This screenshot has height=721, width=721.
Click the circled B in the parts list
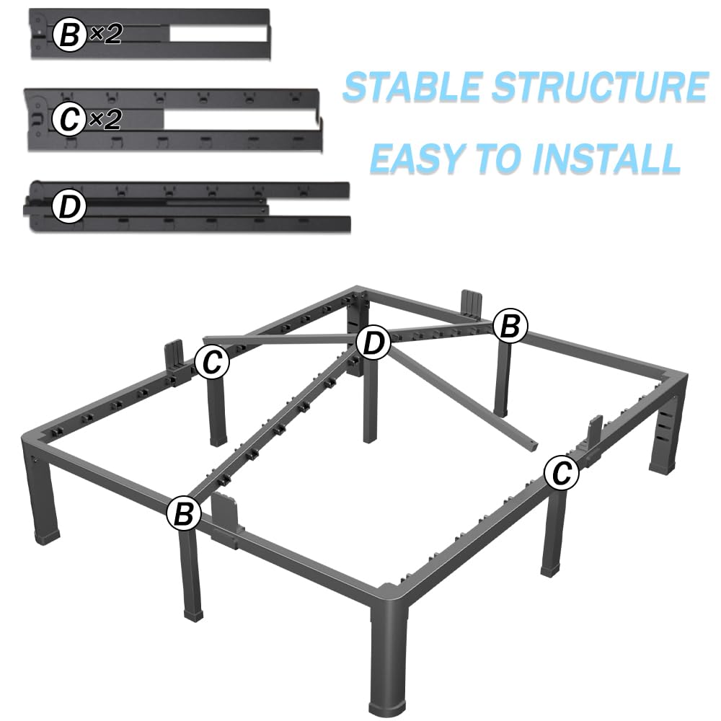[x=69, y=35]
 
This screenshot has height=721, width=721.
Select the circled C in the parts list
[x=69, y=120]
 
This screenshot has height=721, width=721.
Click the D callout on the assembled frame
[x=372, y=343]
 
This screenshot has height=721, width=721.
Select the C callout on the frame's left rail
[x=212, y=363]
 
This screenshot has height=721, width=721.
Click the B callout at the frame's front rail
[x=184, y=514]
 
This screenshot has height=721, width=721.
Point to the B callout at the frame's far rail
[x=510, y=327]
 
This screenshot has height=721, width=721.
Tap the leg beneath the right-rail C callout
[x=553, y=534]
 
